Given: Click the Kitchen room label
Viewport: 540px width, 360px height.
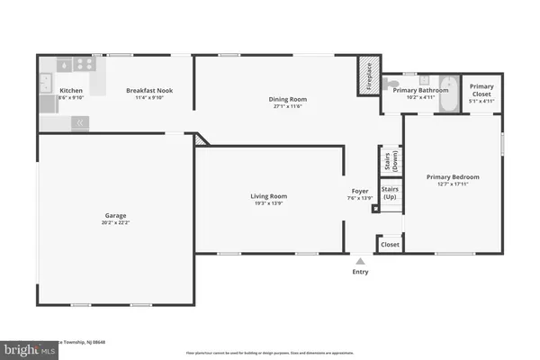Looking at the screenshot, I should (x=71, y=91).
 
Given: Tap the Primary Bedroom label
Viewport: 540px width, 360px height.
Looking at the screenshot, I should (x=451, y=177).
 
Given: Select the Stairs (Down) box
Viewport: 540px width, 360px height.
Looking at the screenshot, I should (x=393, y=160).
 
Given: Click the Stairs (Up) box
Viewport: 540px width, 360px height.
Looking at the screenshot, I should (x=391, y=193).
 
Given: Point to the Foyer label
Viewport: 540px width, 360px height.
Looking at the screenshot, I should (x=360, y=192).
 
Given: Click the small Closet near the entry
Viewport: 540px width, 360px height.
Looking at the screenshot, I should (x=390, y=244).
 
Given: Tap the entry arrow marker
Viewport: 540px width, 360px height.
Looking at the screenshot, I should (x=360, y=259).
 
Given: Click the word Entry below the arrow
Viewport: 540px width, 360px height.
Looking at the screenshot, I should (x=360, y=271).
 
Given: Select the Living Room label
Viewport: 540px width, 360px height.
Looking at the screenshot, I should (x=268, y=196).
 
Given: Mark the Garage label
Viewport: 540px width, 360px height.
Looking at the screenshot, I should (x=114, y=216).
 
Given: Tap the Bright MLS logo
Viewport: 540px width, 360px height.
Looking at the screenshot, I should (x=24, y=346).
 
